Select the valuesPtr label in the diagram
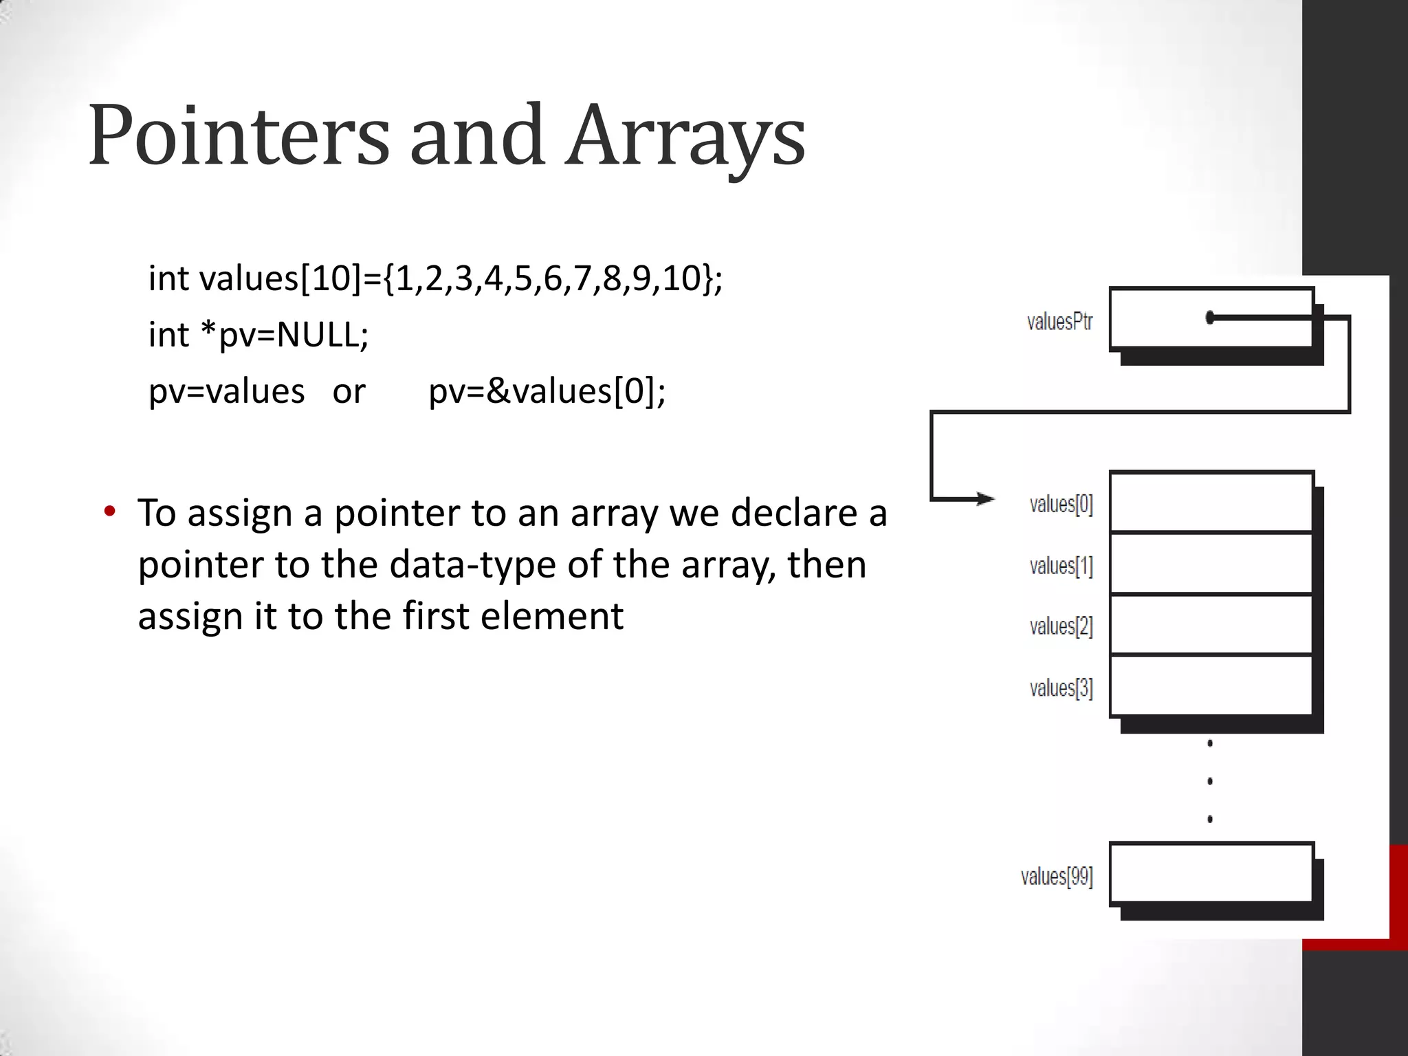(x=1059, y=322)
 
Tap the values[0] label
(x=1061, y=504)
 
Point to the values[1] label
(x=1061, y=566)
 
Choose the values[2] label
(x=1061, y=626)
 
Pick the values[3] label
(x=1061, y=687)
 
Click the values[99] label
(x=1057, y=877)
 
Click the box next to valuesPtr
(x=1169, y=318)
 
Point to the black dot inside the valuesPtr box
(x=1210, y=318)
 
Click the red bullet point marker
(x=109, y=511)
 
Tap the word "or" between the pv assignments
(x=349, y=392)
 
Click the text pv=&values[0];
(x=547, y=392)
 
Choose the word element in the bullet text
(x=551, y=616)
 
